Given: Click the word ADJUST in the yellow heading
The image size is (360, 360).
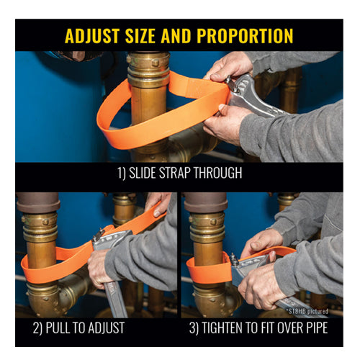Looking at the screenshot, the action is coord(92,36).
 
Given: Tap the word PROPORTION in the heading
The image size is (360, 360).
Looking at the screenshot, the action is coord(245,36).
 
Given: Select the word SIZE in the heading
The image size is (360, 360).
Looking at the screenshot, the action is coord(140,36).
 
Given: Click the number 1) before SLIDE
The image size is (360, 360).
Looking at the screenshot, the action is coord(122,173).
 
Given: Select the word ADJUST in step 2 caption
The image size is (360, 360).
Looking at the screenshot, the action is coord(107,328).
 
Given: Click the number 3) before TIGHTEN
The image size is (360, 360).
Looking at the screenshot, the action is coord(194,328).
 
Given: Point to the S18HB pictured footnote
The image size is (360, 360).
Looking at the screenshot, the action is coord(307,311).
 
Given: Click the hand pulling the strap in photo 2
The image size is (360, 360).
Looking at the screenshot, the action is coord(157,204).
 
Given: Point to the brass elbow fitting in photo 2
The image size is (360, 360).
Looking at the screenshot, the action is coord(55,297).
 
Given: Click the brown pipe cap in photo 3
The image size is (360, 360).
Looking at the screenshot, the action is coord(206,202).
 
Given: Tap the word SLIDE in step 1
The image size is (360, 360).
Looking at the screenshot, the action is coord(143,173).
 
